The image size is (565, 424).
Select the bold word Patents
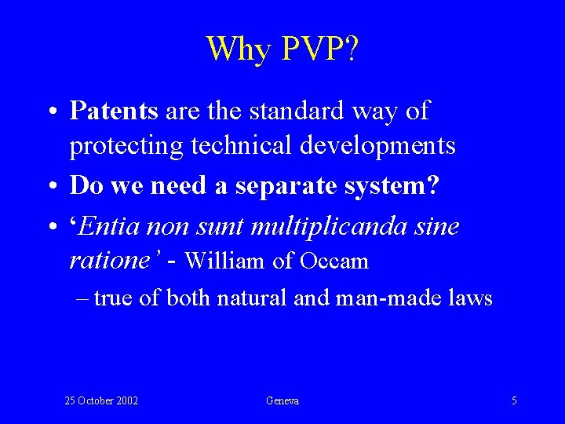point(115,111)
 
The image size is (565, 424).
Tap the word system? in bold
point(399,186)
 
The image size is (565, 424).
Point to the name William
point(225,261)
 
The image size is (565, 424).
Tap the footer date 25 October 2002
point(101,401)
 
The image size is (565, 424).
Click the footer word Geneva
point(282,401)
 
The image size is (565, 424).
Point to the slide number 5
point(514,401)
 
